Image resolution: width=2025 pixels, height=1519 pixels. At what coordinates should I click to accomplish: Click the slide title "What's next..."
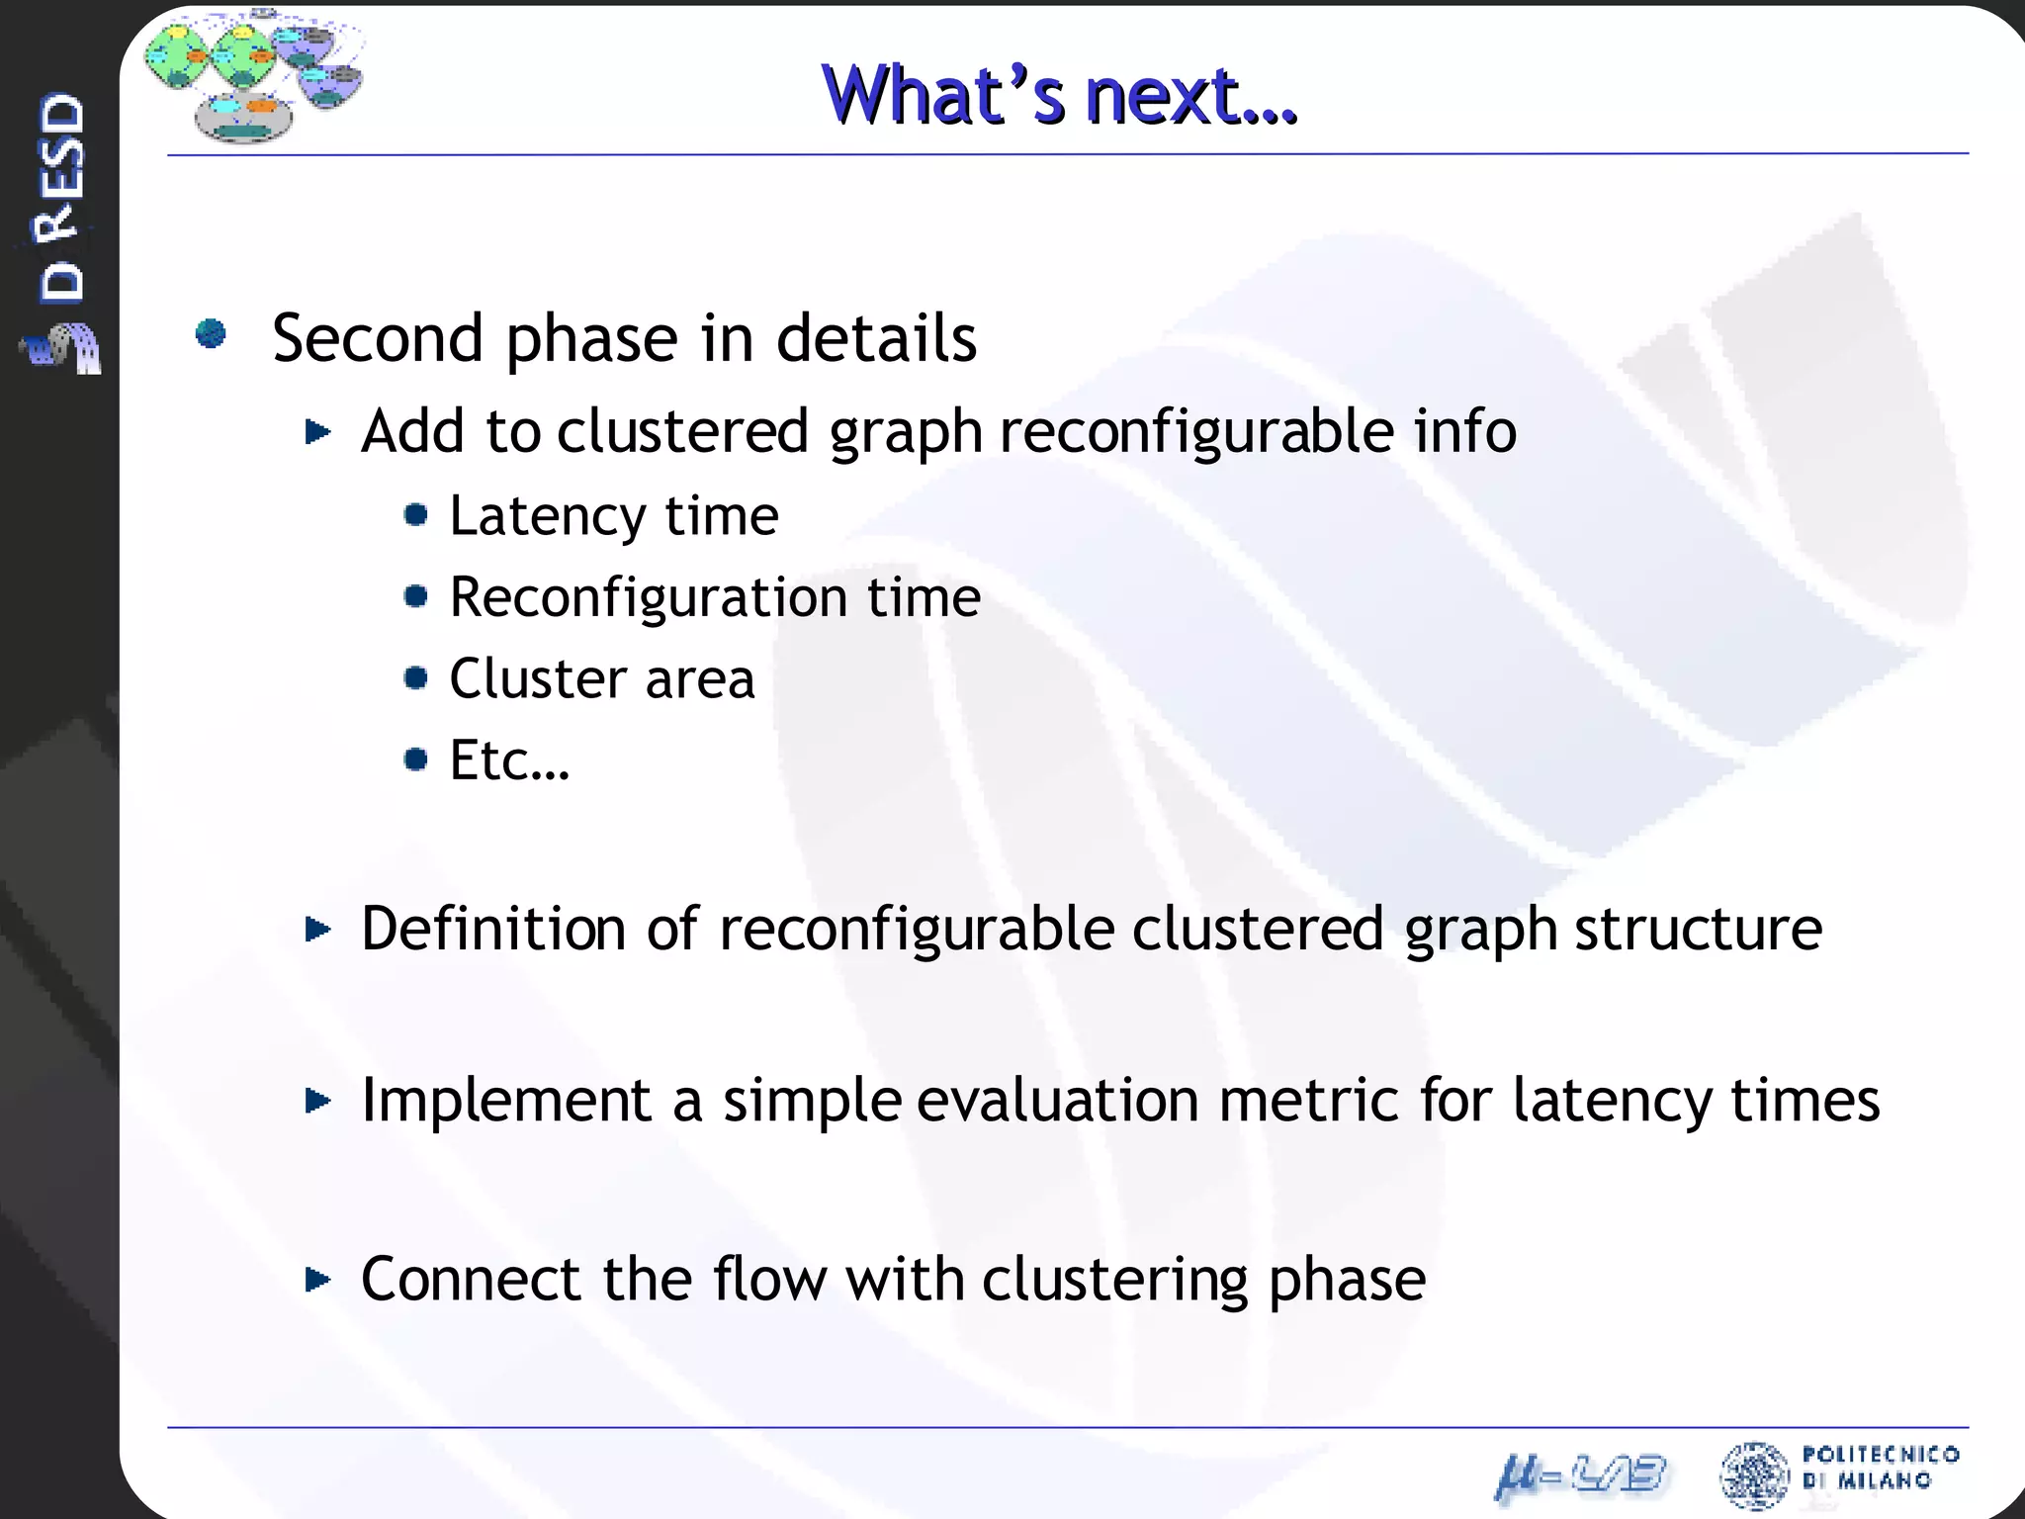click(1059, 96)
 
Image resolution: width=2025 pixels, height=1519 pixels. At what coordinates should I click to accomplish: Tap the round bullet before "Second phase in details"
click(211, 334)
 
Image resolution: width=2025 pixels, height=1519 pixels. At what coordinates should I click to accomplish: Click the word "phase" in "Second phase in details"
click(591, 340)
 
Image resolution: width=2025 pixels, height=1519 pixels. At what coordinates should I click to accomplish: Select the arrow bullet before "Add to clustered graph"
click(317, 431)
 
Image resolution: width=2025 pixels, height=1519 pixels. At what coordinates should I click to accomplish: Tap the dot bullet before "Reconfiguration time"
click(416, 596)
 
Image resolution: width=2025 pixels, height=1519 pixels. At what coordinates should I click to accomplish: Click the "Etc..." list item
click(509, 760)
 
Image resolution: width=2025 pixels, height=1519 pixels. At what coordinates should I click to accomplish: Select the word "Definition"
click(493, 929)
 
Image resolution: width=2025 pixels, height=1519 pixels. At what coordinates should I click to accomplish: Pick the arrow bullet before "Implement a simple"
click(317, 1100)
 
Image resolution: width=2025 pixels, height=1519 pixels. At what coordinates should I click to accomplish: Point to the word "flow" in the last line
click(768, 1279)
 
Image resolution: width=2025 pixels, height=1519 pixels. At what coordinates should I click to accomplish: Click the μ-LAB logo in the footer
click(1579, 1477)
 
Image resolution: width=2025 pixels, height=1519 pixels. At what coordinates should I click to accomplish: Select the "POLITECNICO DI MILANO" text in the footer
click(1879, 1467)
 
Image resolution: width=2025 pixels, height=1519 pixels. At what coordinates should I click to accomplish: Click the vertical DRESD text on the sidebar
click(62, 198)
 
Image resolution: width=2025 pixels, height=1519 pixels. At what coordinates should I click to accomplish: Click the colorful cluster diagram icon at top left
click(253, 74)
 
